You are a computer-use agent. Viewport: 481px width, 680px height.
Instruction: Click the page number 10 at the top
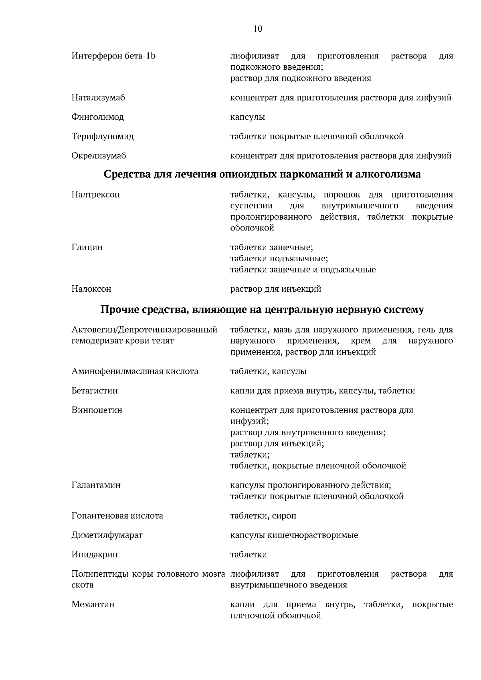(x=258, y=29)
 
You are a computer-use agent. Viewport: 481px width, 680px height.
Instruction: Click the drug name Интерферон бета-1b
(x=113, y=56)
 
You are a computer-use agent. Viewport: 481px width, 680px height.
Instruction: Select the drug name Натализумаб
(x=98, y=97)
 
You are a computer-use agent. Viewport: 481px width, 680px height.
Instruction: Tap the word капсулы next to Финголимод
(x=247, y=117)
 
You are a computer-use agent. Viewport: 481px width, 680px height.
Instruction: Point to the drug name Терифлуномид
(x=103, y=136)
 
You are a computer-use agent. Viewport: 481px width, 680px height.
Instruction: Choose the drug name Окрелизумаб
(x=99, y=155)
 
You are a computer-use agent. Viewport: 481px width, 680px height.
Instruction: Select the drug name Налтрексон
(x=95, y=195)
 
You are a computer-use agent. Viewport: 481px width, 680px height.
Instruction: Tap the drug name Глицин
(x=87, y=247)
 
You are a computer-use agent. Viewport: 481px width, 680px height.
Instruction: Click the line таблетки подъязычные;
(x=279, y=258)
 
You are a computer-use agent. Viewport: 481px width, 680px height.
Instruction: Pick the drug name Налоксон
(x=91, y=289)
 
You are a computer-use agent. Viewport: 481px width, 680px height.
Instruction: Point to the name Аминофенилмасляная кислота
(x=135, y=371)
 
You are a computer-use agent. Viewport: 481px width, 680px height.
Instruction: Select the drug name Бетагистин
(x=95, y=391)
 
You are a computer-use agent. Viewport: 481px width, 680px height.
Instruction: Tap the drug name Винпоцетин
(x=97, y=410)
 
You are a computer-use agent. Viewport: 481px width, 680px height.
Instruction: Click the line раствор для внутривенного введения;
(x=308, y=432)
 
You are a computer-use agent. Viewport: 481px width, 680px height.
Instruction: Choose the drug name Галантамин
(x=96, y=485)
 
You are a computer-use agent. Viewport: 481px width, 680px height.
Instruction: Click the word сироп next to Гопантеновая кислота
(x=285, y=516)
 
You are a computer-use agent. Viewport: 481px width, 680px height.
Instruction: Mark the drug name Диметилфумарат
(x=107, y=535)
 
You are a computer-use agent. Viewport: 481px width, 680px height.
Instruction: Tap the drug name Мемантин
(x=93, y=604)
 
